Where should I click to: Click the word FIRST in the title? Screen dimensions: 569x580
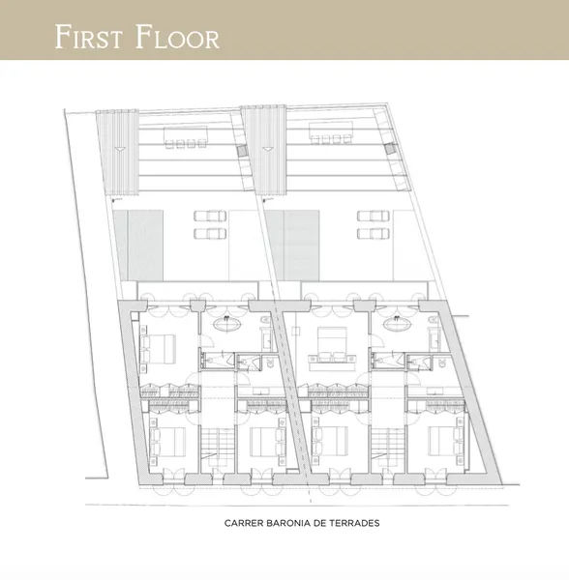[88, 37]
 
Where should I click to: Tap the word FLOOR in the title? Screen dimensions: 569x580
[177, 37]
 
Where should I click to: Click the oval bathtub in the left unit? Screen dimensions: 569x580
[227, 325]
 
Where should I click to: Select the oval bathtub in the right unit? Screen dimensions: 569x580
[397, 325]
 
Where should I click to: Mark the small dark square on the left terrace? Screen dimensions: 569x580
[242, 151]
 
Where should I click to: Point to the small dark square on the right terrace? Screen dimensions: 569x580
[389, 149]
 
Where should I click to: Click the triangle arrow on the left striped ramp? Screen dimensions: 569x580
[118, 149]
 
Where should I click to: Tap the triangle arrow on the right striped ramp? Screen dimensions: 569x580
[266, 149]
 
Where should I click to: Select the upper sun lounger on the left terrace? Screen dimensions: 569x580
[210, 216]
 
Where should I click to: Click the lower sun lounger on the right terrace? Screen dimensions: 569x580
[374, 234]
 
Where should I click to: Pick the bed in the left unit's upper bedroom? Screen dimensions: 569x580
[160, 349]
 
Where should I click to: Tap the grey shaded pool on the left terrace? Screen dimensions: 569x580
[138, 246]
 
